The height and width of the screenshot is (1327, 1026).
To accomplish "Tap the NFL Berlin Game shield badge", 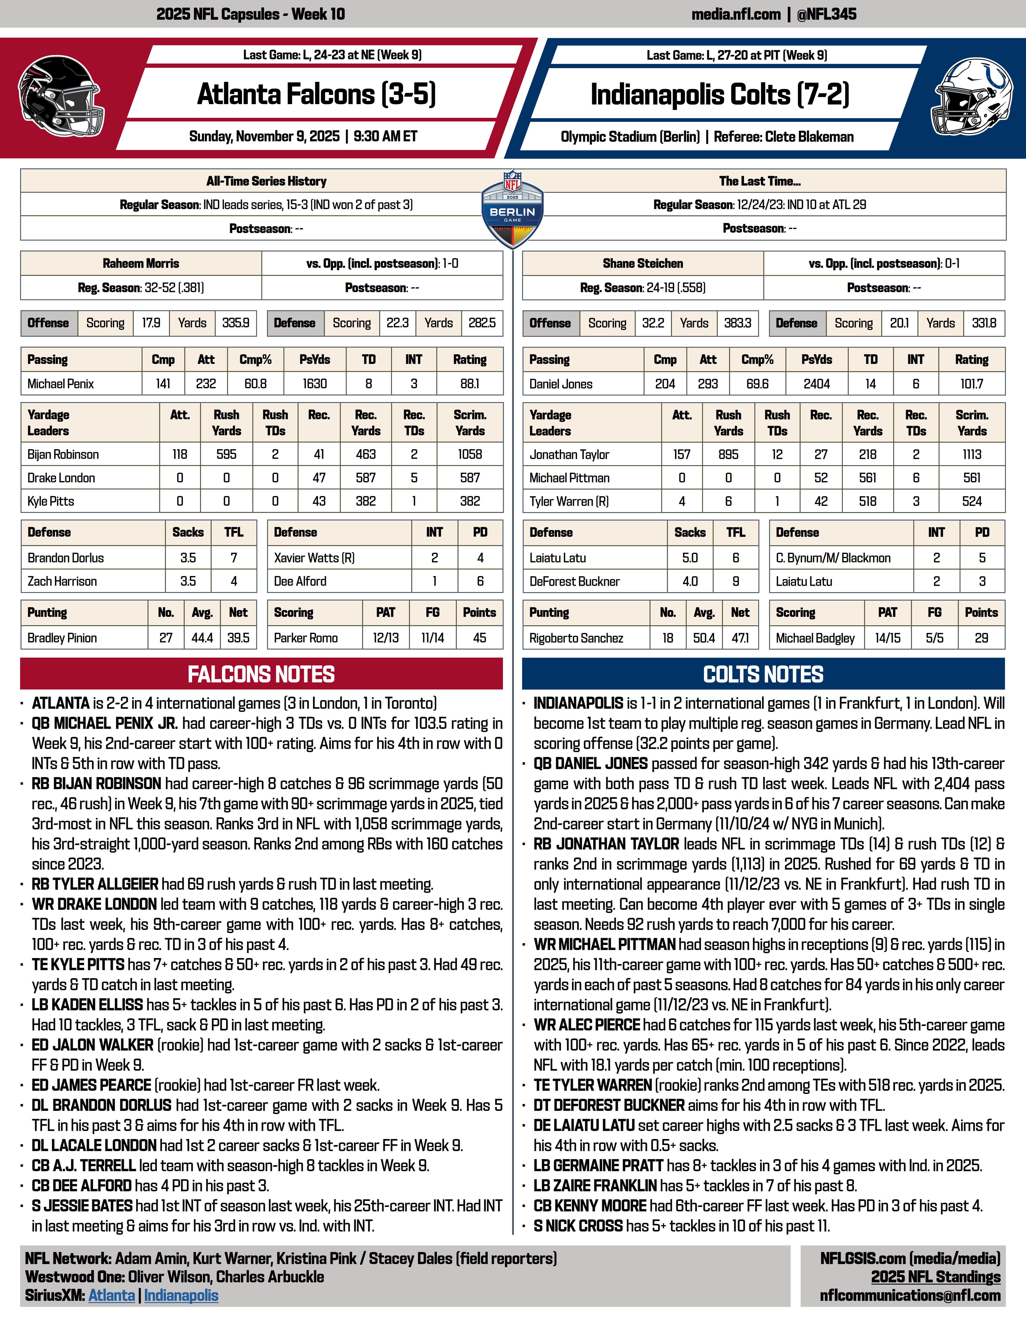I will [512, 210].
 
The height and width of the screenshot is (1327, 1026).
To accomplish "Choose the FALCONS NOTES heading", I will [261, 674].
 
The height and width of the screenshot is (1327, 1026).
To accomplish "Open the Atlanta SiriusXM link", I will [112, 1295].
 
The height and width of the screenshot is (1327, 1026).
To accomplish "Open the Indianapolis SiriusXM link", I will [181, 1295].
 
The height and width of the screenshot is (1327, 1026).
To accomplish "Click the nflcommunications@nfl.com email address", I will [910, 1295].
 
